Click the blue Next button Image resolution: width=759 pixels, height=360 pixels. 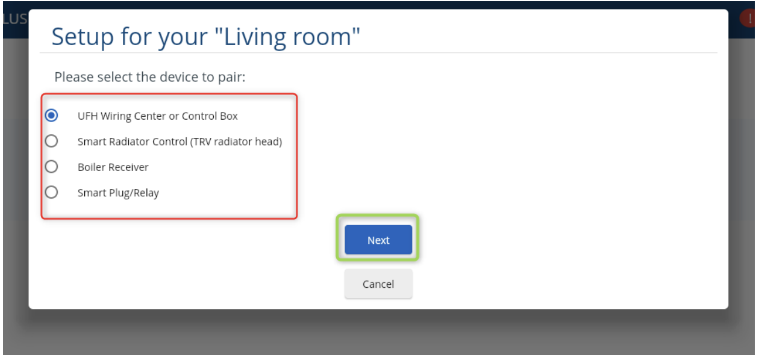coord(378,240)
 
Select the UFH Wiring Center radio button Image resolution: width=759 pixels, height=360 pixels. coord(52,116)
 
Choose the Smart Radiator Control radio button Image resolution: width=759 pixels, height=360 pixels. coord(52,141)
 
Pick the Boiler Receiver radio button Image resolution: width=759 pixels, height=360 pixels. coord(52,167)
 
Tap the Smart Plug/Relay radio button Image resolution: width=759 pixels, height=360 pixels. coord(52,193)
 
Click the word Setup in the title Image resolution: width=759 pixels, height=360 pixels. coord(83,37)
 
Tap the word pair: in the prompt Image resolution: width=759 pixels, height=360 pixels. coord(231,78)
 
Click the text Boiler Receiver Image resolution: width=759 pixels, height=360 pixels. coord(113,167)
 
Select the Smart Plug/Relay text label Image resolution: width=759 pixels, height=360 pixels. coord(118,193)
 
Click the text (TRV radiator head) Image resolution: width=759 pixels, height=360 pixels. coord(236,141)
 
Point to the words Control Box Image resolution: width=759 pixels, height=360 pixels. coord(210,116)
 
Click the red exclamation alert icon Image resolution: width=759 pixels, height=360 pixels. coord(749,18)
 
